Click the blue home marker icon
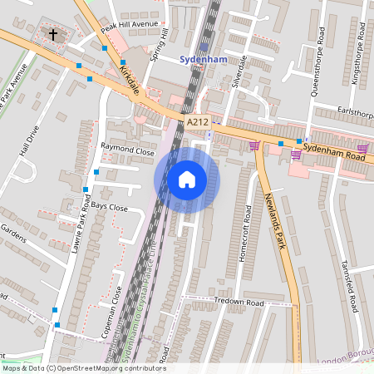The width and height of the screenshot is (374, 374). click(x=187, y=180)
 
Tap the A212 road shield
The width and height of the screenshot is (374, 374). click(x=197, y=122)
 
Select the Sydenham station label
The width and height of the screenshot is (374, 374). click(x=204, y=59)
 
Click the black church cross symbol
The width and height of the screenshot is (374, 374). click(x=54, y=35)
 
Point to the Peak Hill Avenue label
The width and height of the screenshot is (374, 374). click(x=129, y=25)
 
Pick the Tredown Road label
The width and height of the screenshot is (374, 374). click(x=238, y=303)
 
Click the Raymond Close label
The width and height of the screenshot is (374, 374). click(x=127, y=153)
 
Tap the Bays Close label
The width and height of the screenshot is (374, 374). click(x=110, y=206)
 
